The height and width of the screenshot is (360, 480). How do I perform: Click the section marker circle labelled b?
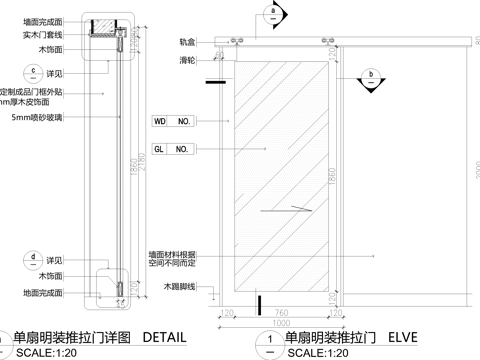coord(370,74)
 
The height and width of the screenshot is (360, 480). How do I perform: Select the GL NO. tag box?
coord(171,149)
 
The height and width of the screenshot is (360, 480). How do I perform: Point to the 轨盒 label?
coord(187,42)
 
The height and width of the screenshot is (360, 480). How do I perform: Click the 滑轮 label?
coord(187,60)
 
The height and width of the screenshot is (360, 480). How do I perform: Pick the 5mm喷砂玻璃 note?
coord(35,118)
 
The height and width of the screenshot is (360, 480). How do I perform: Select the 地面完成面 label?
coord(43,293)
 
